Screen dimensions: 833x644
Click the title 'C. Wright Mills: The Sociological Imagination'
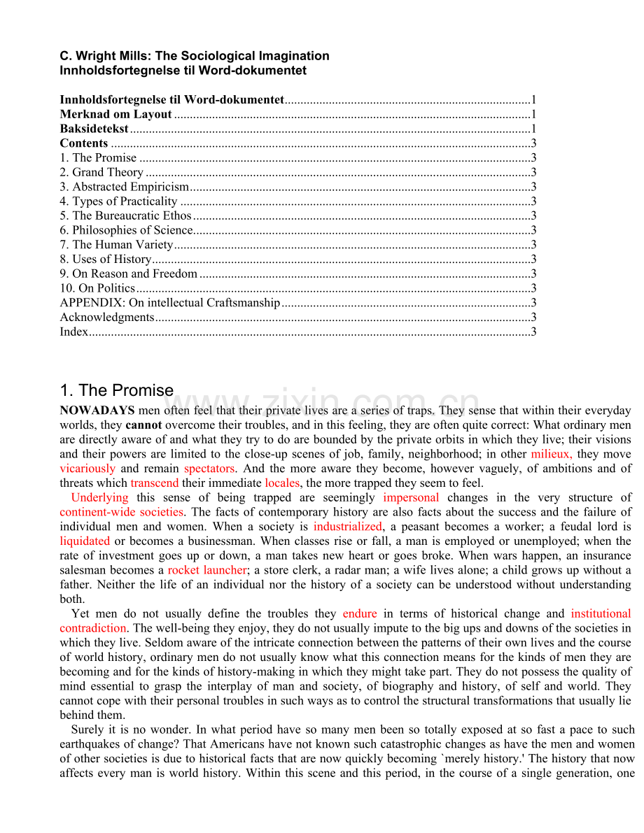(x=195, y=56)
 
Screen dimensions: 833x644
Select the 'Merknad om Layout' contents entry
(x=116, y=114)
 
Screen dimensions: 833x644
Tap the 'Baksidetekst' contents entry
(x=94, y=129)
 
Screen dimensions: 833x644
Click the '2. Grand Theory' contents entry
(x=101, y=172)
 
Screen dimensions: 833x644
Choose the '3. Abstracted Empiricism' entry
(x=125, y=187)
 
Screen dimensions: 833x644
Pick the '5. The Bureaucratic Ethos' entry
(x=125, y=215)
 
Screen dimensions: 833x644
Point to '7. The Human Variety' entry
(x=116, y=245)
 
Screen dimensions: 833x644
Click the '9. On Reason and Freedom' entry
(x=129, y=273)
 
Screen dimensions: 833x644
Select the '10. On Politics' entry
(x=97, y=288)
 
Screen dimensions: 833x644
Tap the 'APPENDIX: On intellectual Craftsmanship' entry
(x=170, y=303)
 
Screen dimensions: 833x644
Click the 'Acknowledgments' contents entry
(x=107, y=318)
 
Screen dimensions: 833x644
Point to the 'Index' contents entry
(x=74, y=332)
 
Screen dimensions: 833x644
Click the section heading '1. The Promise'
(x=117, y=390)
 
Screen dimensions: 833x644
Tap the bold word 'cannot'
(x=143, y=425)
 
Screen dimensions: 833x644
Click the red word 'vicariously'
(x=87, y=469)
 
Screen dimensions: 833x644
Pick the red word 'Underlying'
(x=99, y=497)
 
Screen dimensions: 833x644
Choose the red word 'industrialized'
(x=348, y=527)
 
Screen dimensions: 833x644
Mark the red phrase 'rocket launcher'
(x=207, y=570)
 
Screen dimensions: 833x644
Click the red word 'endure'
(x=360, y=613)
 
